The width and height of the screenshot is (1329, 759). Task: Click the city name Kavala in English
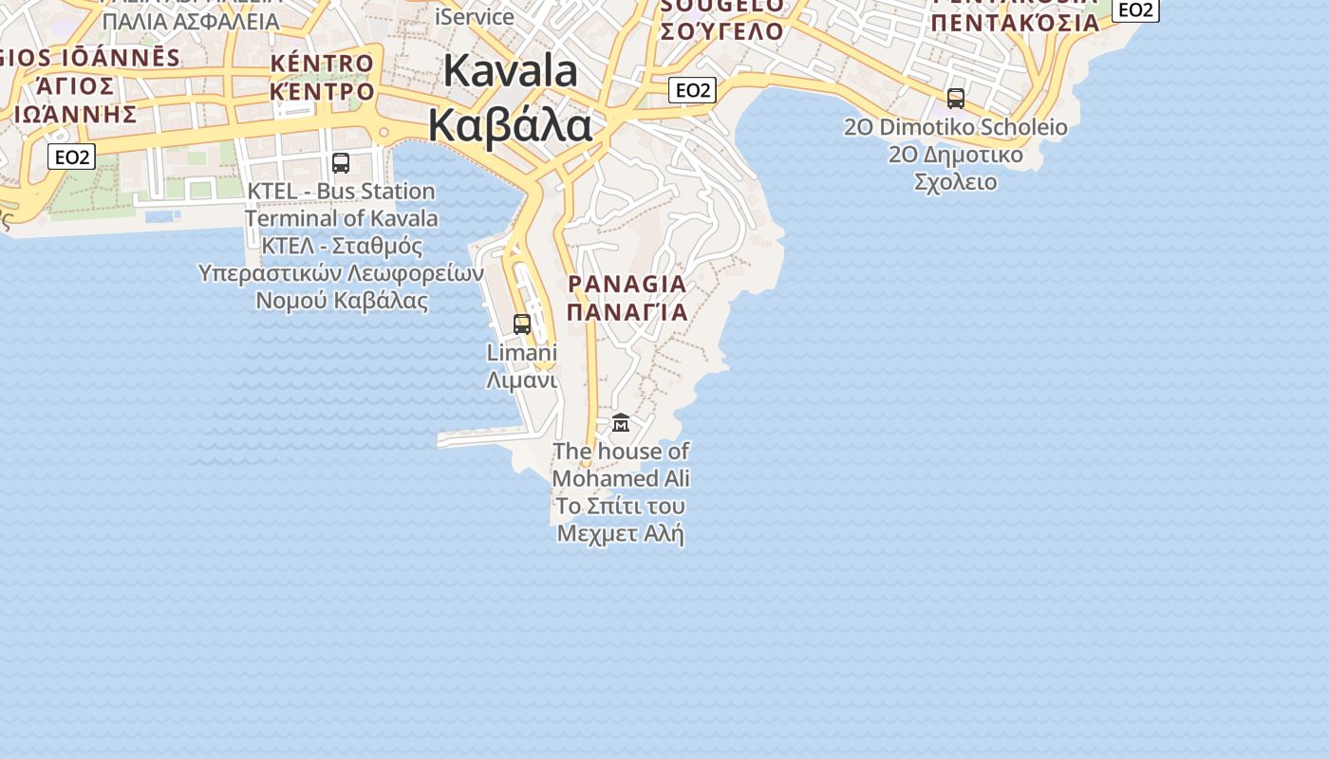pyautogui.click(x=510, y=71)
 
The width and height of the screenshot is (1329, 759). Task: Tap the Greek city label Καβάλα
pyautogui.click(x=510, y=125)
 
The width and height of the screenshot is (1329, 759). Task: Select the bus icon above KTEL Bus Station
pyautogui.click(x=341, y=163)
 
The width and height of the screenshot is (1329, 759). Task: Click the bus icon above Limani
pyautogui.click(x=522, y=324)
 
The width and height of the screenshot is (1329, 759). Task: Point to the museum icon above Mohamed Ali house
pyautogui.click(x=621, y=422)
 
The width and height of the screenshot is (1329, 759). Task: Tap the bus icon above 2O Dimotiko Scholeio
pyautogui.click(x=956, y=99)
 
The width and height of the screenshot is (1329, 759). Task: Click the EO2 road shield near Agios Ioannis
pyautogui.click(x=72, y=157)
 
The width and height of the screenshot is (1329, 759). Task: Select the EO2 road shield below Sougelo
pyautogui.click(x=692, y=90)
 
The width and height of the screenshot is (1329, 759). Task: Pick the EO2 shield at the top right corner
pyautogui.click(x=1135, y=9)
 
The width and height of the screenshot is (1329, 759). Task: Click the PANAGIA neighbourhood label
pyautogui.click(x=627, y=284)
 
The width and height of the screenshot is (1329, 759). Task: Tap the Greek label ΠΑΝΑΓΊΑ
pyautogui.click(x=627, y=311)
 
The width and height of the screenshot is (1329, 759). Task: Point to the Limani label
pyautogui.click(x=521, y=352)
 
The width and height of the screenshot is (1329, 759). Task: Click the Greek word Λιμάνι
pyautogui.click(x=521, y=379)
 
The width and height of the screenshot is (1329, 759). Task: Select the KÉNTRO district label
pyautogui.click(x=323, y=64)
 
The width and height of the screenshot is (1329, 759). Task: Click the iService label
pyautogui.click(x=475, y=16)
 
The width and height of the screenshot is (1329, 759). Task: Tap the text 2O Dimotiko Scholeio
pyautogui.click(x=956, y=127)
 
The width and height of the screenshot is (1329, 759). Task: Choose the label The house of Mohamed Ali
pyautogui.click(x=621, y=464)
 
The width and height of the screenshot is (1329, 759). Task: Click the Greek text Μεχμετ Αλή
pyautogui.click(x=621, y=533)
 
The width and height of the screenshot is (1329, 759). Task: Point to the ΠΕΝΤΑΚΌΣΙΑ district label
pyautogui.click(x=1015, y=23)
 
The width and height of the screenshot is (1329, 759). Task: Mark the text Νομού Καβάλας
pyautogui.click(x=342, y=301)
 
